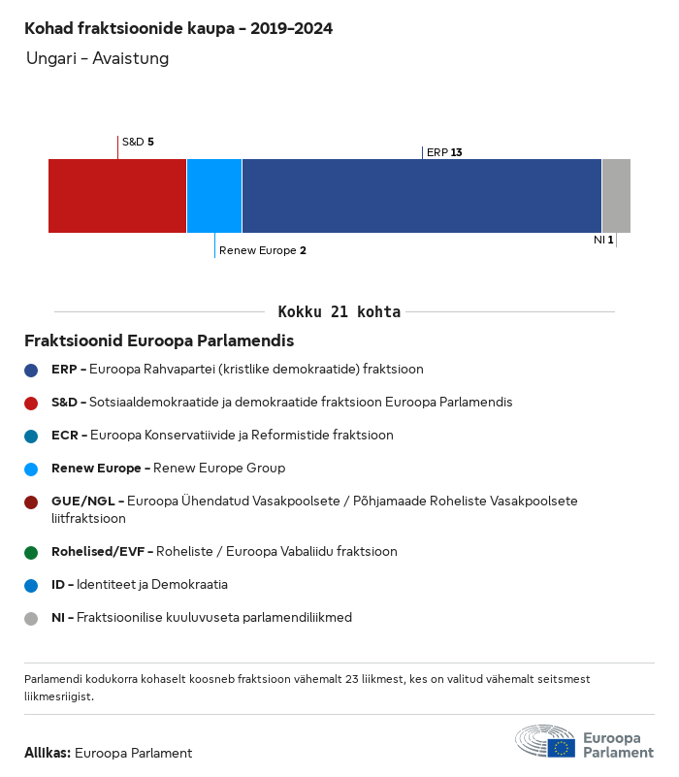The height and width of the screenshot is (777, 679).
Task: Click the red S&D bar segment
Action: pos(117,196)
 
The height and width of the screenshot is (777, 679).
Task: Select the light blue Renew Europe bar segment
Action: pos(214,196)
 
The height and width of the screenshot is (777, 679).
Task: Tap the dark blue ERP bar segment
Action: pos(422,196)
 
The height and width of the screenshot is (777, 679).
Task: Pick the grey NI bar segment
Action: pos(616,196)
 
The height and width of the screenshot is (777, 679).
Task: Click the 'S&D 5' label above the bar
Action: pos(138,142)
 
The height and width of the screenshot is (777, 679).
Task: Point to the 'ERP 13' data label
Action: pos(444,152)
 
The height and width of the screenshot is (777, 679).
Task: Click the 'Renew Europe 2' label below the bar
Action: pos(262,250)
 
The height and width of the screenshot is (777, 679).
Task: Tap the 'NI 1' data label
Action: pos(603,240)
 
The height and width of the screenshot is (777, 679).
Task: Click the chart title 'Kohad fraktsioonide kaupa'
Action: pos(178,29)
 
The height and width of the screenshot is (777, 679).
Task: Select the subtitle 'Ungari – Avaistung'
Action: pos(97,59)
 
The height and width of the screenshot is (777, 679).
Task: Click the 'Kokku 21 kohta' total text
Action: pos(339,312)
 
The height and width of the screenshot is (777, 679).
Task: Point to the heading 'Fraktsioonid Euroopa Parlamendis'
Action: pos(159,341)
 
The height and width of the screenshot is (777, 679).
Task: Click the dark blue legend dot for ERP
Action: pos(32,370)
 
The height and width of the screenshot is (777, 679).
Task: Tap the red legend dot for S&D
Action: pos(32,403)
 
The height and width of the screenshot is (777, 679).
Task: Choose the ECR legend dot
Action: pos(32,436)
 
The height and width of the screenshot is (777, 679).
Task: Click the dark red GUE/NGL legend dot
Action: pos(32,502)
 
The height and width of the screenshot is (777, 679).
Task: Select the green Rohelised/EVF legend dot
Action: pos(32,552)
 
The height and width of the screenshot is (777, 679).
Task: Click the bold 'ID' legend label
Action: pos(58,585)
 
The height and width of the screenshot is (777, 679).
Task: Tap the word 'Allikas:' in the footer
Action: pos(48,753)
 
